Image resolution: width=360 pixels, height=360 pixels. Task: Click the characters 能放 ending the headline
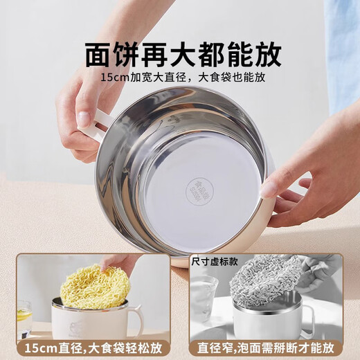[x=252, y=54]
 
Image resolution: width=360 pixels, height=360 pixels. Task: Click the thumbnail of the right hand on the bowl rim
[x=269, y=190]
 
